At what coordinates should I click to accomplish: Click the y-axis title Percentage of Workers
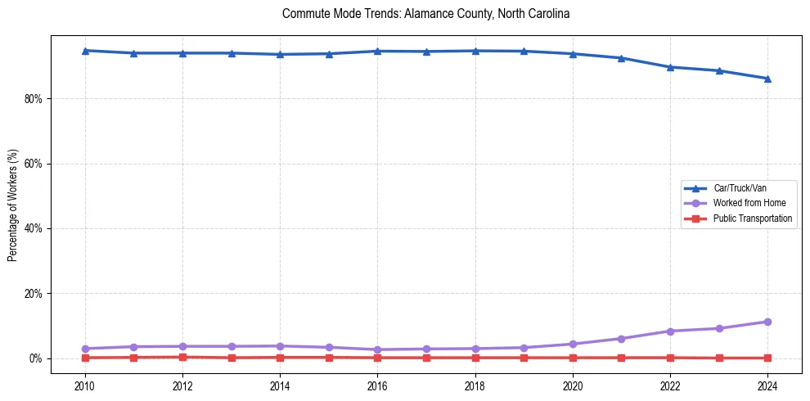click(13, 205)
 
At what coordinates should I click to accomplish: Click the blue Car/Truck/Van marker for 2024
click(767, 79)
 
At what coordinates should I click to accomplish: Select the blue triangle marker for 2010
click(85, 51)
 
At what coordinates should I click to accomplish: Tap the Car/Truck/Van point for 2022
click(670, 67)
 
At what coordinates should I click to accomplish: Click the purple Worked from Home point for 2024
click(767, 322)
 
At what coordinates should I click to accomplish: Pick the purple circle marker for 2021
click(621, 339)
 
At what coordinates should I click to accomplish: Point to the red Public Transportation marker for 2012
click(182, 357)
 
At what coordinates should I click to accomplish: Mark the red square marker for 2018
click(475, 358)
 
